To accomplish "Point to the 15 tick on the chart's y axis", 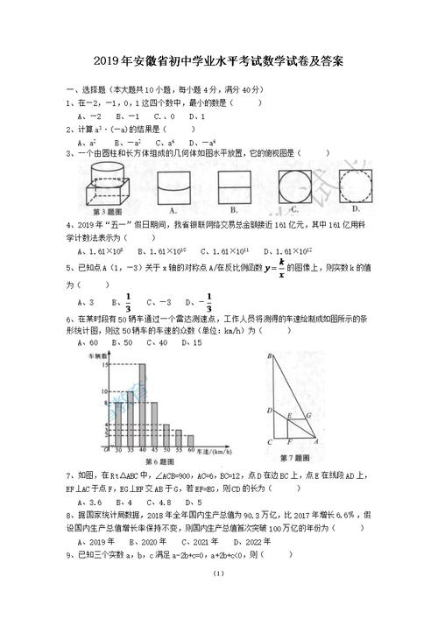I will [x=105, y=366].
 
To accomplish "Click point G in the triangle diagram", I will [x=307, y=414].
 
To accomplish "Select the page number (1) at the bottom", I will [x=218, y=597].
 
